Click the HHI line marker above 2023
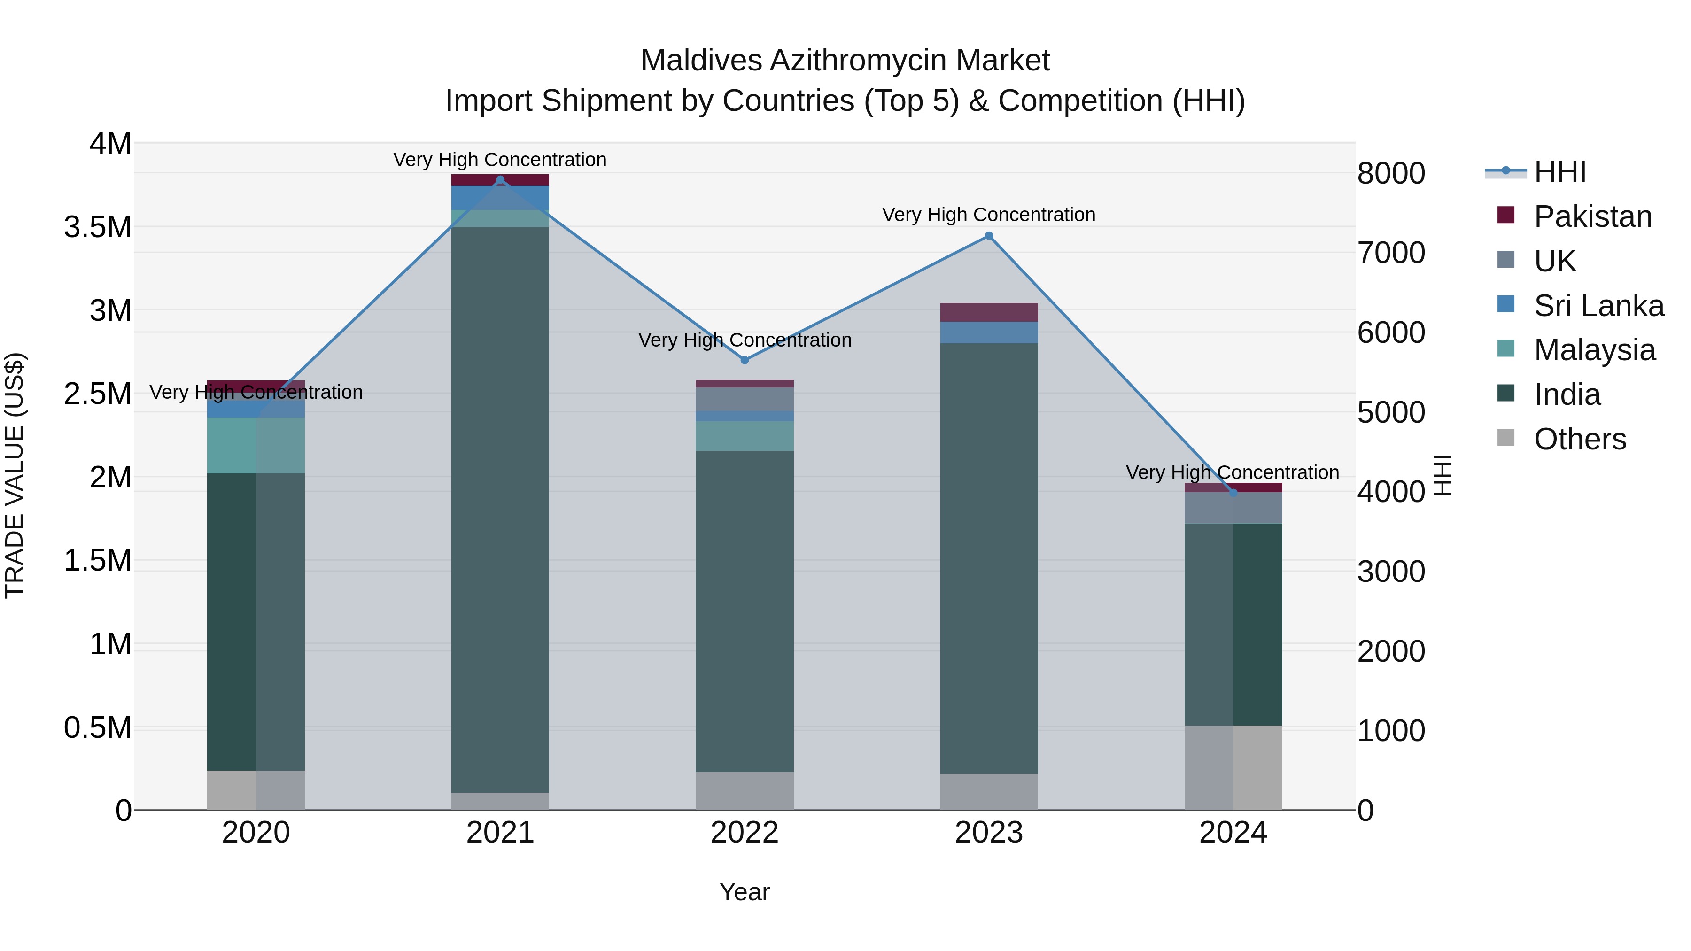(x=989, y=236)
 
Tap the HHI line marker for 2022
(x=745, y=360)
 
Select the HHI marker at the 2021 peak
(x=500, y=180)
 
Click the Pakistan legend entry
(x=1592, y=216)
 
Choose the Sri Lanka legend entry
(x=1598, y=306)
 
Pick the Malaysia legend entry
(x=1594, y=350)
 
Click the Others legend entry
(x=1579, y=439)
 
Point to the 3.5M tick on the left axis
(x=97, y=227)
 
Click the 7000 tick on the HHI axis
(x=1391, y=253)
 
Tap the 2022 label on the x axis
(x=745, y=832)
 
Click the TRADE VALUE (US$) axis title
(x=15, y=475)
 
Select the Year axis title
(x=745, y=892)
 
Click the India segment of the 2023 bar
(x=989, y=558)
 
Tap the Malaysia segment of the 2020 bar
(x=256, y=445)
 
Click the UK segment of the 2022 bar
(x=745, y=399)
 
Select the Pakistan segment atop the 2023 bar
(x=989, y=312)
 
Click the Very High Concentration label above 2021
(x=500, y=160)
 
